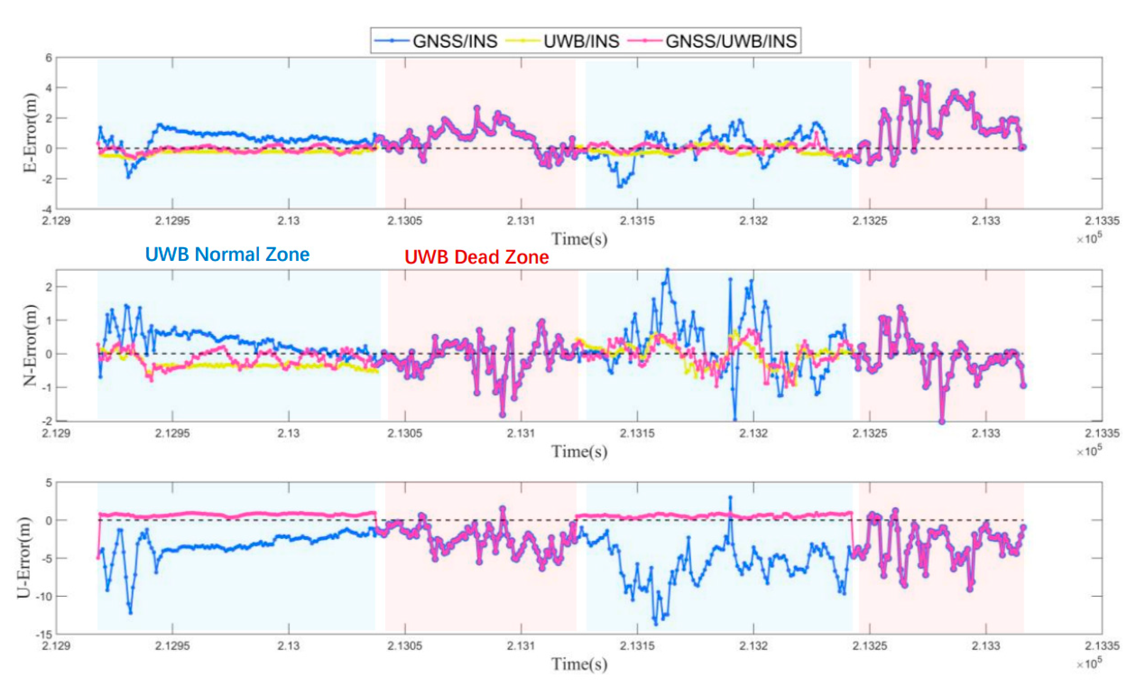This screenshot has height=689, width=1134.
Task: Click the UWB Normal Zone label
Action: pyautogui.click(x=227, y=254)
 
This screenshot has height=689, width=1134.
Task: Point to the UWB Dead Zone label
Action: pyautogui.click(x=476, y=257)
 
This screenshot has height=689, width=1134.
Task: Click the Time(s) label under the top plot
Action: pyautogui.click(x=579, y=239)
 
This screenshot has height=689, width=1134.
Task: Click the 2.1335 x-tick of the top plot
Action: pyautogui.click(x=1101, y=221)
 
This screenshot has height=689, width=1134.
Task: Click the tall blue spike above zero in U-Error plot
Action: pyautogui.click(x=730, y=497)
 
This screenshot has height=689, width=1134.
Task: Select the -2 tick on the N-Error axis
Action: pyautogui.click(x=47, y=421)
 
